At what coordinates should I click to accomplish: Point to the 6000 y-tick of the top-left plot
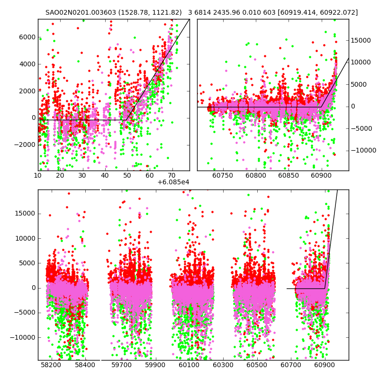point(27,37)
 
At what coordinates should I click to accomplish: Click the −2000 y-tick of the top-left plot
point(25,145)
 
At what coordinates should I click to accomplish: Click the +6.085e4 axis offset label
point(173,182)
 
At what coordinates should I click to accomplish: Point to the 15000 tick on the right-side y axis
point(361,41)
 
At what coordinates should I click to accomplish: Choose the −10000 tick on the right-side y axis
point(362,151)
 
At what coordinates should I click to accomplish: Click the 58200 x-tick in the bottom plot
point(51,365)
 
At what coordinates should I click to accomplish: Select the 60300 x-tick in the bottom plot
point(223,365)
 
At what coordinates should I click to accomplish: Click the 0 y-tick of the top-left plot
point(33,118)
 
